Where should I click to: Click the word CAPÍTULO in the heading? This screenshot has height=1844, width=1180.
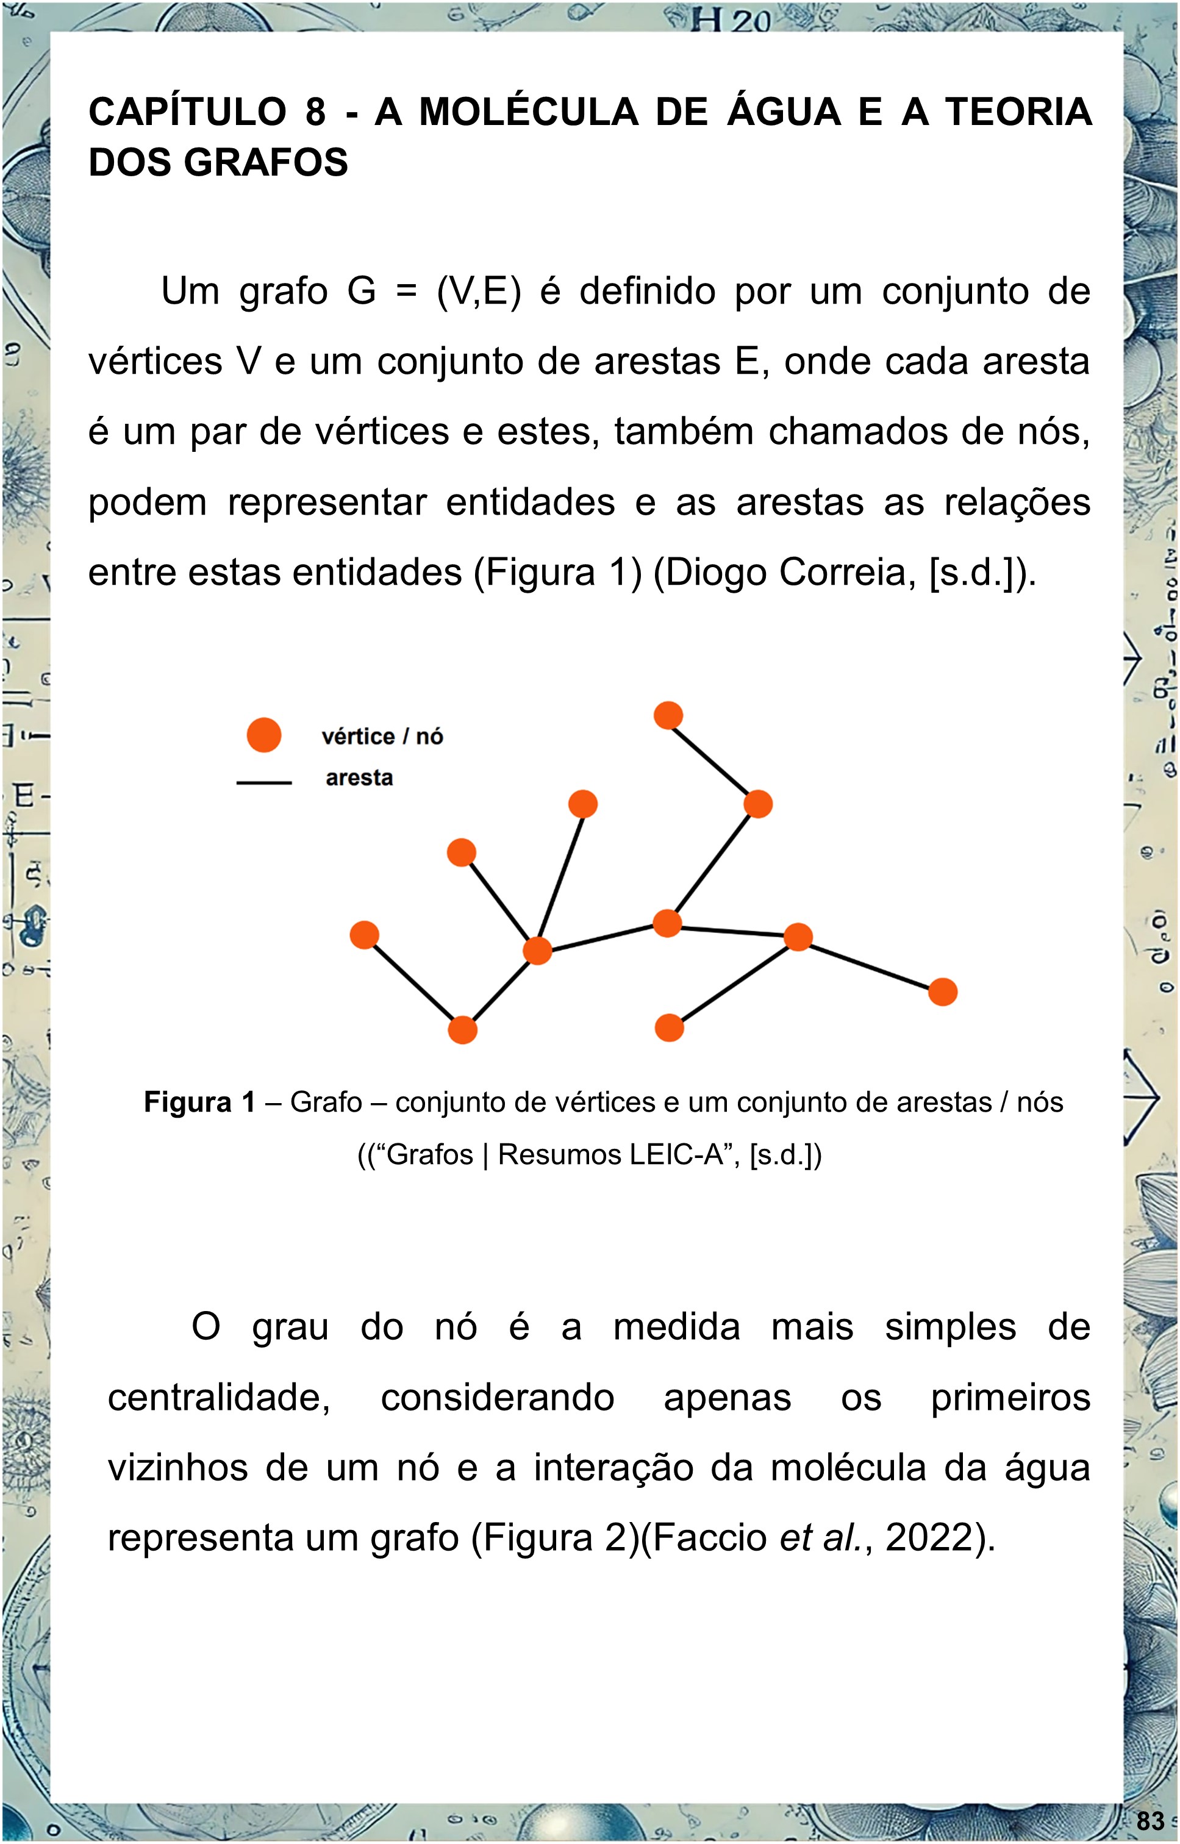coord(187,113)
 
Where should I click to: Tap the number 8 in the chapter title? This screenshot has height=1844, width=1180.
coord(315,113)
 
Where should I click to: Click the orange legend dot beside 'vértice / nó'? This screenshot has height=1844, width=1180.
coord(263,735)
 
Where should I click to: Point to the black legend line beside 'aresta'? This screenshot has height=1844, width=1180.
coord(263,783)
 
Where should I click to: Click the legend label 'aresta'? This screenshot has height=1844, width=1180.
coord(359,778)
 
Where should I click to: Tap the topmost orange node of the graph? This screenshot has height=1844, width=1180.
coord(668,715)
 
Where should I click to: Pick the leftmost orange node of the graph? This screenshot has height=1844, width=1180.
coord(365,935)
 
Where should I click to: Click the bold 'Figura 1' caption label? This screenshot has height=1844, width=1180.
coord(199,1102)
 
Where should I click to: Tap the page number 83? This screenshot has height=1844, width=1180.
coord(1150,1821)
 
